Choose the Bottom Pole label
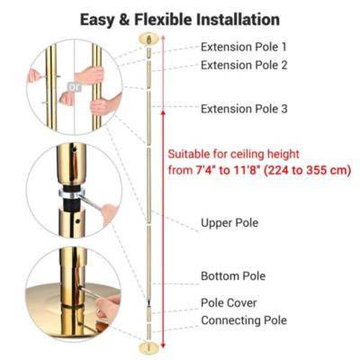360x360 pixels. [232, 275]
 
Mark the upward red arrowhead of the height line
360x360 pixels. [162, 114]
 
